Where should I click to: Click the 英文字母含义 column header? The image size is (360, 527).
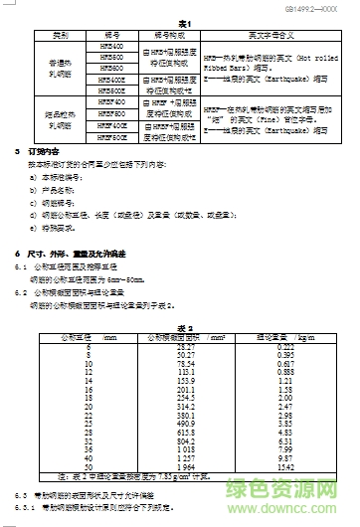[269, 35]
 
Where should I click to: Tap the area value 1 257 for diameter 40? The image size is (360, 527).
[186, 429]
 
